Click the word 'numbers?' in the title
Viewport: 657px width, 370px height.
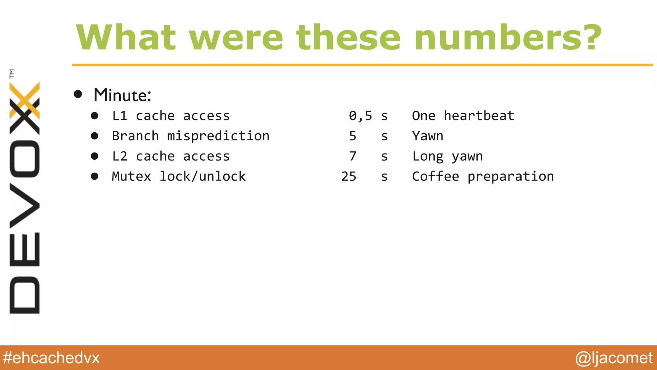point(508,38)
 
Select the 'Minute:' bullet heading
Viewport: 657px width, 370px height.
point(122,95)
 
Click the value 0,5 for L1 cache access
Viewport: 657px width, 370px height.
point(360,116)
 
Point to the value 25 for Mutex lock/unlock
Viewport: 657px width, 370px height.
point(349,176)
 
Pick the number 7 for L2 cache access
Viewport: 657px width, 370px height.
point(353,156)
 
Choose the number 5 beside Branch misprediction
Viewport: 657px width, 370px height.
point(353,136)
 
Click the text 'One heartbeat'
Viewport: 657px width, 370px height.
point(463,116)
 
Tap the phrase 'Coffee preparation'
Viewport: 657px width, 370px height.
point(483,176)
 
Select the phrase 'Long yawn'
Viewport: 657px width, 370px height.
point(447,156)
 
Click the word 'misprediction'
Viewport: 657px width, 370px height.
point(218,136)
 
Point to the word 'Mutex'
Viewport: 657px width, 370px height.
point(131,176)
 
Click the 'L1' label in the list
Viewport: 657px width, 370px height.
point(120,116)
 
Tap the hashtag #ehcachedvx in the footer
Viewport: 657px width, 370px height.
point(51,358)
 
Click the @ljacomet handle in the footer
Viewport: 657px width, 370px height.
point(614,358)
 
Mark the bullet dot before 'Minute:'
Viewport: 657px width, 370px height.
point(78,94)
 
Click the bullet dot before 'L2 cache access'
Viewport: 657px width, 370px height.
point(94,156)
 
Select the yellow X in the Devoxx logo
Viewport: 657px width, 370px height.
point(25,100)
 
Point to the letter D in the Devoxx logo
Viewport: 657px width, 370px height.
point(25,295)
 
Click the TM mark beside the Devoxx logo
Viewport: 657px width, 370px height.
point(12,74)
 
